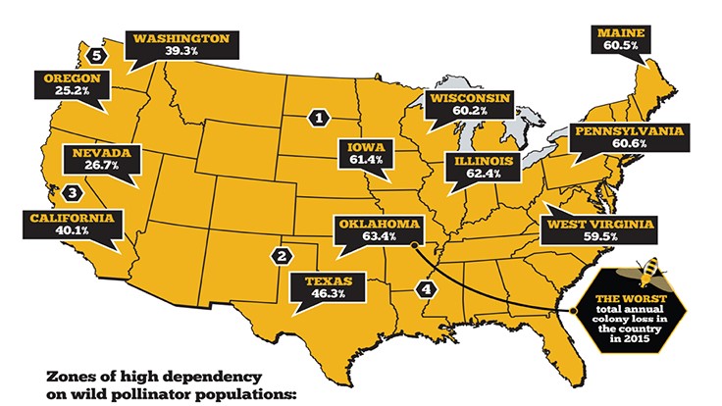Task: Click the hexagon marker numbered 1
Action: [317, 118]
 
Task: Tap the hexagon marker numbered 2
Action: [282, 257]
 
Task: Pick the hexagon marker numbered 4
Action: [425, 289]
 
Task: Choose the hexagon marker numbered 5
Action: [95, 56]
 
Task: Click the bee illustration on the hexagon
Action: [650, 266]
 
